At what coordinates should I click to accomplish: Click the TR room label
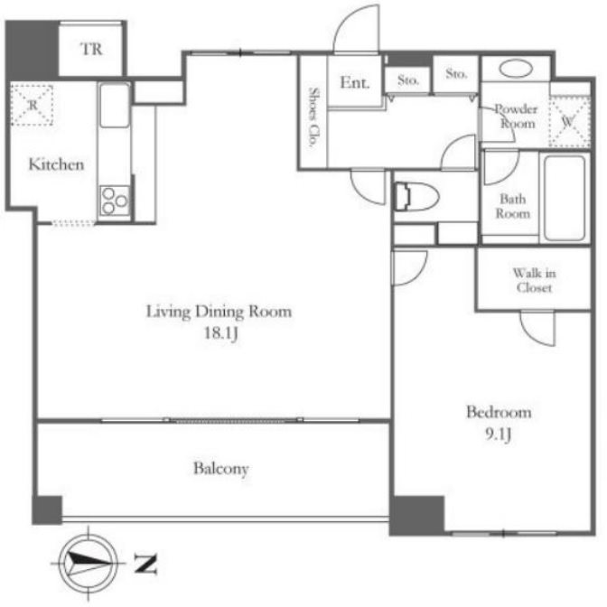click(92, 49)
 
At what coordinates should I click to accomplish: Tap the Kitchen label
click(57, 164)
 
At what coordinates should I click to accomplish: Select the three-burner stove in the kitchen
click(115, 201)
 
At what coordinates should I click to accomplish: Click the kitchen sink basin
click(115, 106)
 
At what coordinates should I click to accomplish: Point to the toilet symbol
click(416, 197)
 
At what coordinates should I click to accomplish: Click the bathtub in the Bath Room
click(565, 198)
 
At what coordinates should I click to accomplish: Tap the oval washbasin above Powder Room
click(516, 69)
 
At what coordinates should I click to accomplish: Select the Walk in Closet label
click(534, 280)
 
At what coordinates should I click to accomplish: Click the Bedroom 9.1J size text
click(499, 434)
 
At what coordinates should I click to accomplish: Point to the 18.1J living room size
click(220, 333)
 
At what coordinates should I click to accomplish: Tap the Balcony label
click(221, 469)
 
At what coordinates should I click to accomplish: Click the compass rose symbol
click(89, 562)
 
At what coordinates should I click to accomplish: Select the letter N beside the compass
click(145, 564)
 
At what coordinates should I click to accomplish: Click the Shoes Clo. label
click(313, 117)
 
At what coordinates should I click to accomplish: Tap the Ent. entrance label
click(355, 82)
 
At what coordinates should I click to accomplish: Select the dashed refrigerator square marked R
click(32, 105)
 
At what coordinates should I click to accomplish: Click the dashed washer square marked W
click(569, 121)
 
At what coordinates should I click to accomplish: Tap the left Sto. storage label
click(408, 80)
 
